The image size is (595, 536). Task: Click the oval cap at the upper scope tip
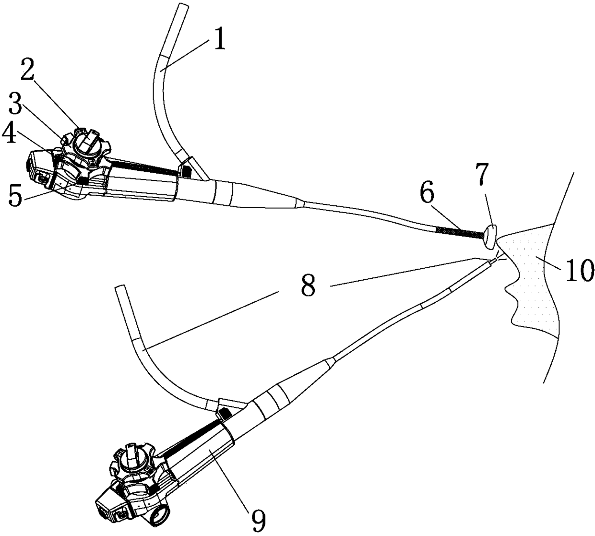pos(490,236)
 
